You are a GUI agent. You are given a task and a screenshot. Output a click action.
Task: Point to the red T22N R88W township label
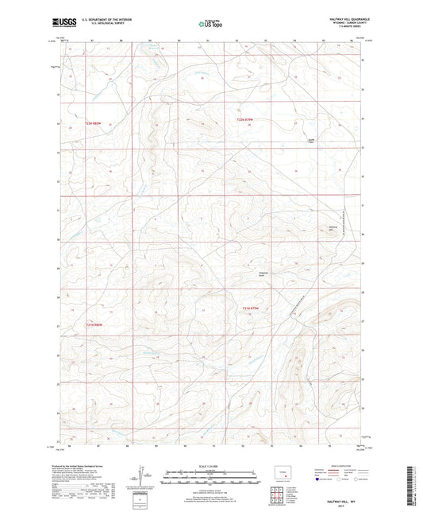[94, 123]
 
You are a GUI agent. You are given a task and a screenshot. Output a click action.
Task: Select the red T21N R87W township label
[251, 308]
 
